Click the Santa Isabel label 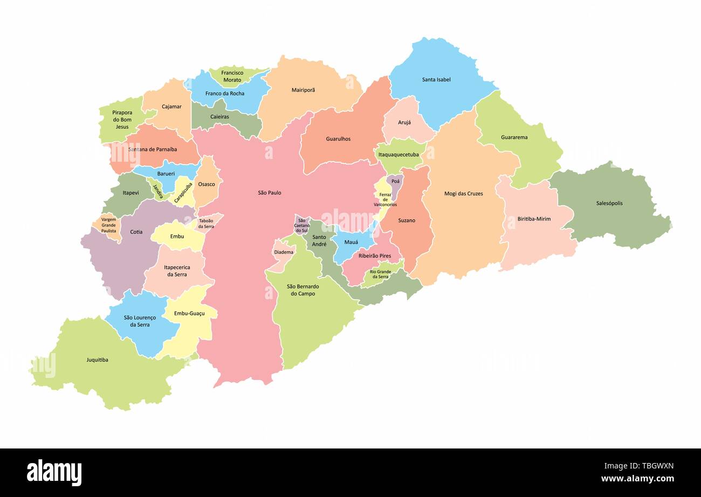(x=436, y=80)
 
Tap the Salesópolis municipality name (x=609, y=203)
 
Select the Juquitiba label (x=97, y=360)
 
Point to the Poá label (x=395, y=182)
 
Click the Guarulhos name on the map (x=338, y=139)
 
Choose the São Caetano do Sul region (x=302, y=225)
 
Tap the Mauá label (x=351, y=242)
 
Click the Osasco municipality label (x=206, y=184)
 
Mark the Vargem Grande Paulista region (x=108, y=225)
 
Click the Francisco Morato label (x=232, y=76)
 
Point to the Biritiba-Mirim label (x=534, y=219)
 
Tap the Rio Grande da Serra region (x=380, y=274)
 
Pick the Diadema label (x=284, y=252)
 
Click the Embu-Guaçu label (x=189, y=313)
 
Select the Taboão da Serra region (x=206, y=223)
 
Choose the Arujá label (x=404, y=122)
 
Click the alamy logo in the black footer (x=54, y=473)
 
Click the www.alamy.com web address (x=637, y=479)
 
